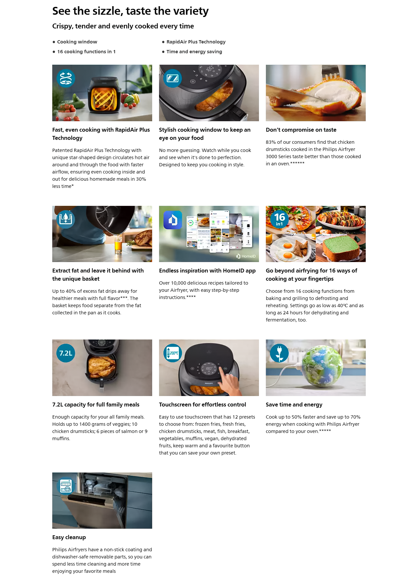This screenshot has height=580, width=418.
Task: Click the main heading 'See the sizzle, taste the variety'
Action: tap(130, 11)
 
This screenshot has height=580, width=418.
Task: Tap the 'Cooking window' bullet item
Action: tap(77, 42)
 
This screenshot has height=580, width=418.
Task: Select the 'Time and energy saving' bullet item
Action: tap(194, 52)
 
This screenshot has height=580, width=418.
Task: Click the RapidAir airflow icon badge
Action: tap(66, 78)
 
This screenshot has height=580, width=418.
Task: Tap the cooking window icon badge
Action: tap(172, 78)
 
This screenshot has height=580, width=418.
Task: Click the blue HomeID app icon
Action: tap(173, 220)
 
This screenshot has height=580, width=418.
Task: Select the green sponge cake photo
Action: tap(341, 248)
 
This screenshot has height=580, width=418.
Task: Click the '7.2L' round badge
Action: tap(66, 353)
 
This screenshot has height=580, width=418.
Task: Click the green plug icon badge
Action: tap(280, 353)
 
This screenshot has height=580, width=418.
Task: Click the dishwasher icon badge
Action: tap(66, 486)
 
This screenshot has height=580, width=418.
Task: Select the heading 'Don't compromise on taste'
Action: tap(301, 130)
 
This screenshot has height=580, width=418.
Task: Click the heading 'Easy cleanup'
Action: tap(69, 537)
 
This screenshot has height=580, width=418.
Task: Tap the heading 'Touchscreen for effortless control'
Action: tap(202, 405)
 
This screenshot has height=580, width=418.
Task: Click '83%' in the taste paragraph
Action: tap(271, 142)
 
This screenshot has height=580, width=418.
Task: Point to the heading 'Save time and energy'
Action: tap(294, 405)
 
